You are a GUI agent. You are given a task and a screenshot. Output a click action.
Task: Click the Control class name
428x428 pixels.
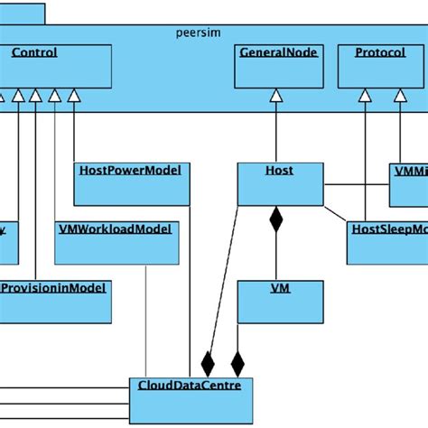34,53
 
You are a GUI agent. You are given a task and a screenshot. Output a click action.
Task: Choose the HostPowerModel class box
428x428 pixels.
131,183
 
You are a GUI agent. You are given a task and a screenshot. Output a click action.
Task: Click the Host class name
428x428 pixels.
279,170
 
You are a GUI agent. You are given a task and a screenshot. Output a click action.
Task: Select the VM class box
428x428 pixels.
279,301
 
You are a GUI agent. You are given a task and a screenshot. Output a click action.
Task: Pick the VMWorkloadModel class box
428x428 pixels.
117,243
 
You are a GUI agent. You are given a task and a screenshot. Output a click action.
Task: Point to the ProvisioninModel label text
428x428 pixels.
54,288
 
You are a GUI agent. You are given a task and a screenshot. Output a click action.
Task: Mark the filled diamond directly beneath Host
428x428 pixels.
279,218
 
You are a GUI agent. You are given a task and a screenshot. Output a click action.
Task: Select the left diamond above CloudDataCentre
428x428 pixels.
208,364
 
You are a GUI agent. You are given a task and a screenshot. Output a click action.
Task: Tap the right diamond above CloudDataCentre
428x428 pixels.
237,364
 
